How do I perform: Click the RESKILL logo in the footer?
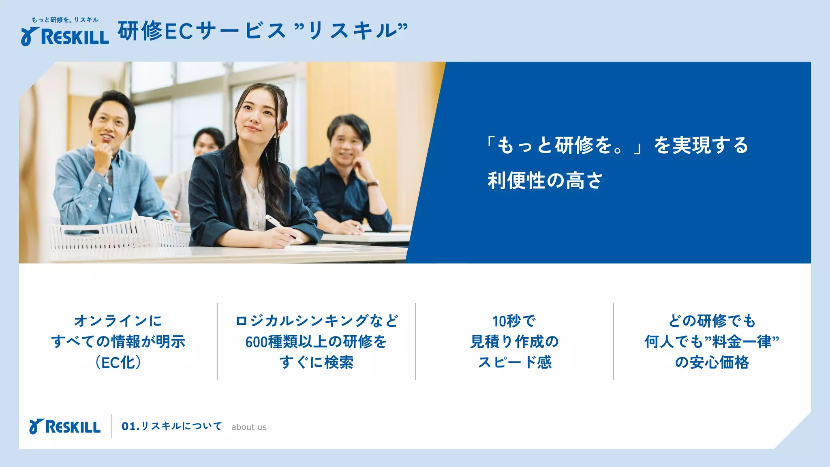pyautogui.click(x=65, y=427)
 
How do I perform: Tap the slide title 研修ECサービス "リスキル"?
pyautogui.click(x=263, y=31)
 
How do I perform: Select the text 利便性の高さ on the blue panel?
pyautogui.click(x=545, y=180)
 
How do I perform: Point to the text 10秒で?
pyautogui.click(x=514, y=321)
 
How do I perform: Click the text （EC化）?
pyautogui.click(x=118, y=362)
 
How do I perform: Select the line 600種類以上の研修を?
pyautogui.click(x=316, y=342)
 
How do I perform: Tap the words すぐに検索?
pyautogui.click(x=316, y=362)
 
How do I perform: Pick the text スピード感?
pyautogui.click(x=514, y=362)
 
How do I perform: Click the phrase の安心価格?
pyautogui.click(x=712, y=362)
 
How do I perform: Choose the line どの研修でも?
pyautogui.click(x=712, y=321)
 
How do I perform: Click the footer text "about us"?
pyautogui.click(x=249, y=427)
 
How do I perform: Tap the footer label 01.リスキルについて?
pyautogui.click(x=172, y=426)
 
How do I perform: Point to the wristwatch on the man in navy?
pyautogui.click(x=373, y=184)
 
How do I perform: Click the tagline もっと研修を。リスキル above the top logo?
pyautogui.click(x=65, y=20)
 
